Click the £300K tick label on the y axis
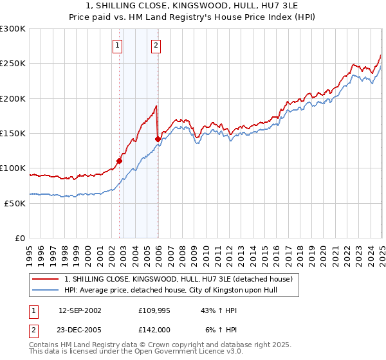pyautogui.click(x=13, y=29)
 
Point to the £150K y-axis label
pyautogui.click(x=13, y=133)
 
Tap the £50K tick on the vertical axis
pyautogui.click(x=15, y=203)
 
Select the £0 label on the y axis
pyautogui.click(x=20, y=238)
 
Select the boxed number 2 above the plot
pyautogui.click(x=156, y=45)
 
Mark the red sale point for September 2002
pyautogui.click(x=119, y=161)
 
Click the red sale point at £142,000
pyautogui.click(x=158, y=138)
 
